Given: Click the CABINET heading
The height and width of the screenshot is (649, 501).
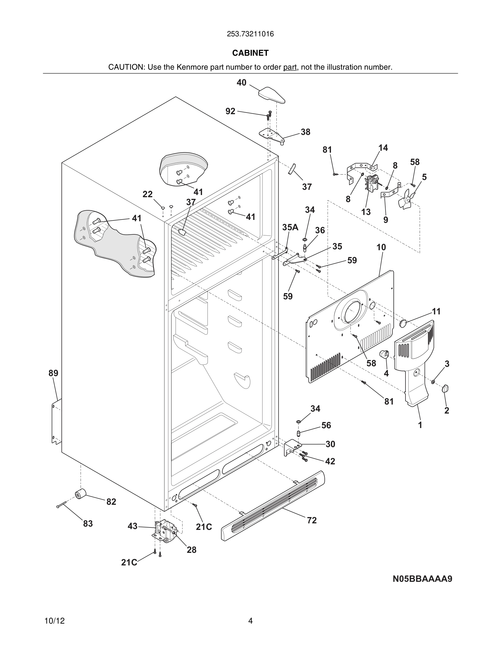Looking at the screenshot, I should click(x=250, y=53).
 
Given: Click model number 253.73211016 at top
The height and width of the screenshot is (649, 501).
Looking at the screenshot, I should click(x=250, y=34).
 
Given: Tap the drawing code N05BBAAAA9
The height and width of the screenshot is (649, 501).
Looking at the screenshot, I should click(x=422, y=579).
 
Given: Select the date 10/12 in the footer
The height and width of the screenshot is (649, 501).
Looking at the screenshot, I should click(x=55, y=621).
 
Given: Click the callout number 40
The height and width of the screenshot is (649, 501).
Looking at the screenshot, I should click(x=241, y=82).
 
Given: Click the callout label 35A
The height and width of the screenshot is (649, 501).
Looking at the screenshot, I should click(x=290, y=227).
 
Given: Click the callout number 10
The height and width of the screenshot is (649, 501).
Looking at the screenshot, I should click(x=381, y=247).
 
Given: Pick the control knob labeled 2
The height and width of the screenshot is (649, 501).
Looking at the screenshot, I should click(x=445, y=388).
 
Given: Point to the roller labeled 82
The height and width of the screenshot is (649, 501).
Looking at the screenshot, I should click(x=80, y=494).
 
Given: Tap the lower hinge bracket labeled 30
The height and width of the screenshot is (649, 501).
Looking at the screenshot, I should click(x=292, y=447).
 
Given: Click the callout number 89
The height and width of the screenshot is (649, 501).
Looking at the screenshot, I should click(x=53, y=373).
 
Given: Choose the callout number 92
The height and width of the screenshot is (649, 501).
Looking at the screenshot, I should click(x=230, y=111).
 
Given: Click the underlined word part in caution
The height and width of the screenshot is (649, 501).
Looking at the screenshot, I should click(x=290, y=67).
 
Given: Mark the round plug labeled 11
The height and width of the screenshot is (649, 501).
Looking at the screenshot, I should click(x=403, y=323).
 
